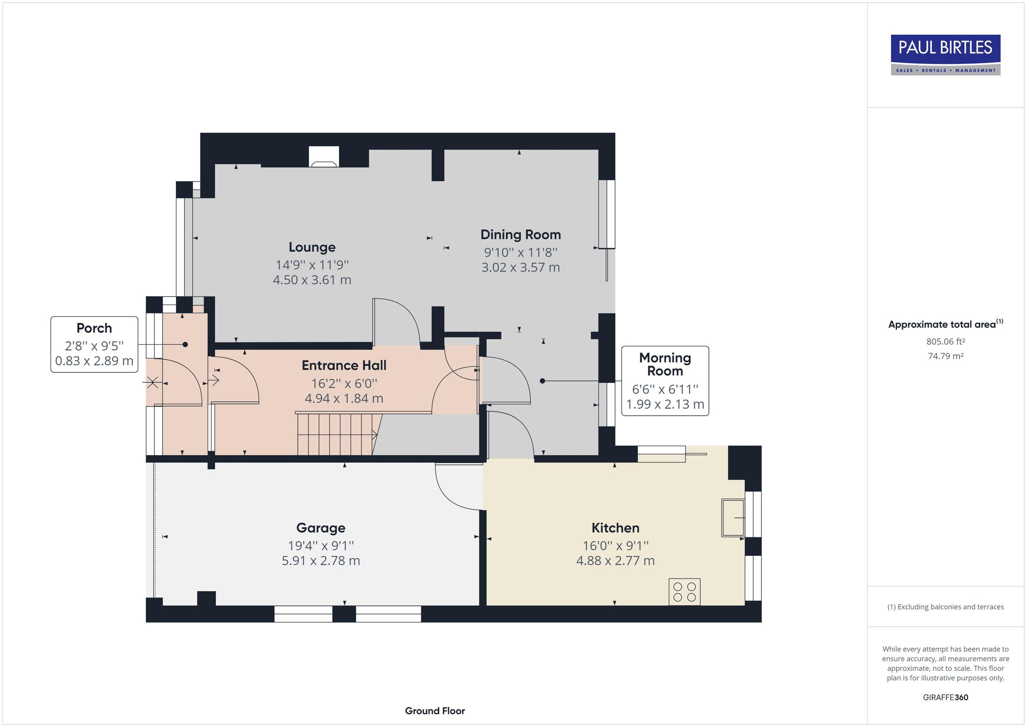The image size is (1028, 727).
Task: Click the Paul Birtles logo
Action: [945, 55]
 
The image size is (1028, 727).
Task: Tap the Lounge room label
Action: [312, 247]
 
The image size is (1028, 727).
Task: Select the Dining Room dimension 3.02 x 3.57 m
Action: [520, 267]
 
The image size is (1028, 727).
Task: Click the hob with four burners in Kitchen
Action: [684, 592]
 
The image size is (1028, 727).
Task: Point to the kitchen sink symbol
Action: [732, 518]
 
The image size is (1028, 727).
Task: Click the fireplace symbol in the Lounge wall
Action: [324, 158]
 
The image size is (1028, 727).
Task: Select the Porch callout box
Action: [94, 344]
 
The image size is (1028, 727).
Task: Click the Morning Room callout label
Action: [665, 364]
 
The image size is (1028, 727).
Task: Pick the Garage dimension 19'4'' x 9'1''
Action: [320, 546]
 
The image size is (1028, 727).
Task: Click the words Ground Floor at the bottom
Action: [435, 710]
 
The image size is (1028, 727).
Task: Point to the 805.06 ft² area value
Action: [945, 342]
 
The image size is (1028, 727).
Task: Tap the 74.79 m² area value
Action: [945, 356]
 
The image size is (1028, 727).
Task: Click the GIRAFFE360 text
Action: [945, 697]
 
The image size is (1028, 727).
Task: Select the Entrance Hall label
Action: [344, 365]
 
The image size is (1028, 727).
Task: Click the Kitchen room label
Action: [615, 528]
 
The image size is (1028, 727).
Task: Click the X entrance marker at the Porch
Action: [152, 382]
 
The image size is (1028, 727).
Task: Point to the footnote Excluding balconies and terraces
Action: [945, 607]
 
